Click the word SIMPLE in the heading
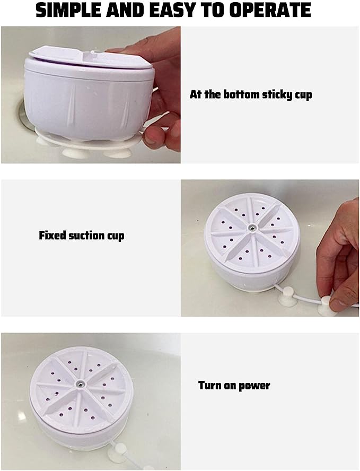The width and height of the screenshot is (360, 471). pyautogui.click(x=68, y=10)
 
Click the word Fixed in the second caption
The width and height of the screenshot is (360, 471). pyautogui.click(x=52, y=235)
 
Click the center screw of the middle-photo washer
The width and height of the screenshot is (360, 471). pyautogui.click(x=252, y=228)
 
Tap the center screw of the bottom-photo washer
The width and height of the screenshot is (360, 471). pyautogui.click(x=80, y=383)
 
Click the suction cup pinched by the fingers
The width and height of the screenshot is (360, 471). pyautogui.click(x=326, y=306)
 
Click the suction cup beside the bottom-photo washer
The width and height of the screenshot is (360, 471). pyautogui.click(x=120, y=452)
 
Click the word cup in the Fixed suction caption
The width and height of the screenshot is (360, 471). pyautogui.click(x=116, y=236)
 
